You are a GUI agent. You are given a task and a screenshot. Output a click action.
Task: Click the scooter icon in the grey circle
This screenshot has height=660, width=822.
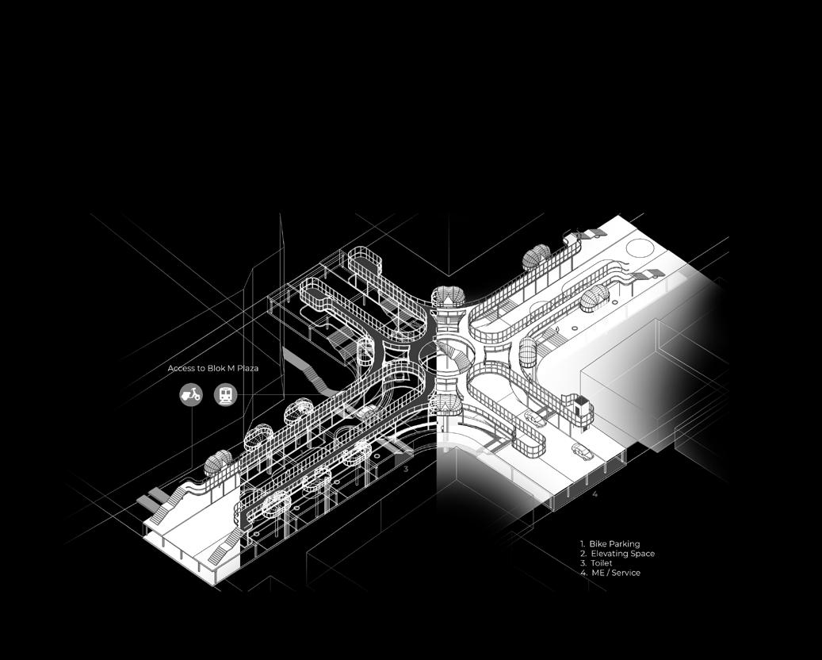[x=191, y=394]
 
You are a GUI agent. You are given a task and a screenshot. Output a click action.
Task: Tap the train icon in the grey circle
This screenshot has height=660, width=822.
[x=227, y=394]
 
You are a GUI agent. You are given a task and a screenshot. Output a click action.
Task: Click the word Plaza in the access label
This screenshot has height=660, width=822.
[x=245, y=369]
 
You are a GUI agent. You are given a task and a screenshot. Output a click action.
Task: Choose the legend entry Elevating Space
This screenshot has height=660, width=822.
[x=622, y=554]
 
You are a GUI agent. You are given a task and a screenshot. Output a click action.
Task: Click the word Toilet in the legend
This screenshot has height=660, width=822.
[x=602, y=563]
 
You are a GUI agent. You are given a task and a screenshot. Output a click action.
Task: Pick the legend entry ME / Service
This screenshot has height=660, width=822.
[x=615, y=573]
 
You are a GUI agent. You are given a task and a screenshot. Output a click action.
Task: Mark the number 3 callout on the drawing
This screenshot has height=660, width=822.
[x=406, y=470]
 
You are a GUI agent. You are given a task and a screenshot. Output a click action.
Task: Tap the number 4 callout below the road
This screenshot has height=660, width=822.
[x=595, y=494]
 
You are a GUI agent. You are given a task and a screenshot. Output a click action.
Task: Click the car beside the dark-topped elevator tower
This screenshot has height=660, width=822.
[x=536, y=418]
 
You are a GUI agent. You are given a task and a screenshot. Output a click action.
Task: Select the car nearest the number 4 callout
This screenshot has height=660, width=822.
[x=582, y=453]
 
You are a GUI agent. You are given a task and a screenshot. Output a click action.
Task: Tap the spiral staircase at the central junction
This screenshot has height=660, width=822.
[x=452, y=352]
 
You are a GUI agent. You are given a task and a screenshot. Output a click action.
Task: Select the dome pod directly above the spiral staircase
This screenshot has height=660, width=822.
[x=449, y=297]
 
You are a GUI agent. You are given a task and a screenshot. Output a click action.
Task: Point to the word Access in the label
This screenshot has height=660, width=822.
[x=182, y=369]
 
